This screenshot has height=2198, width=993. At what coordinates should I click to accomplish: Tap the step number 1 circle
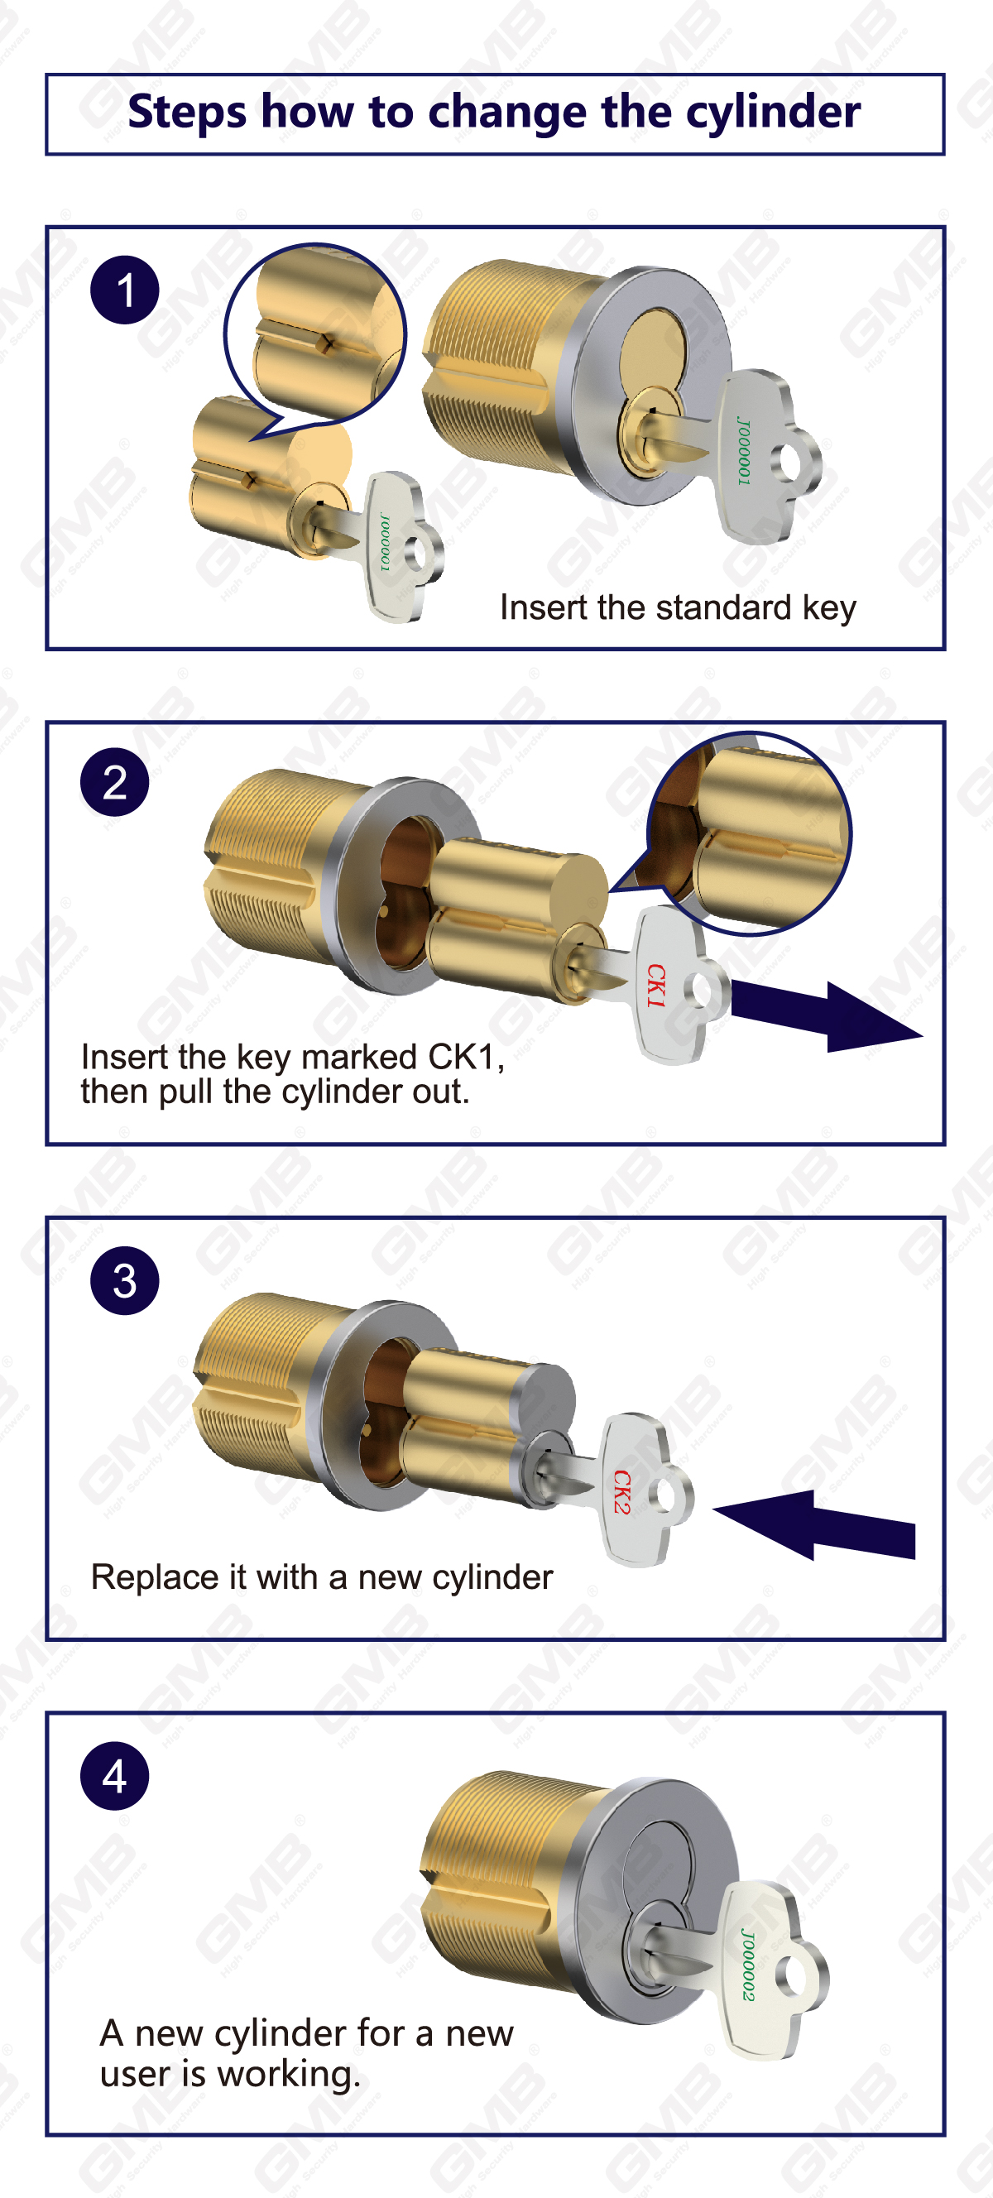click(x=125, y=290)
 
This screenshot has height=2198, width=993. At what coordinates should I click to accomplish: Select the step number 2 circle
click(x=114, y=782)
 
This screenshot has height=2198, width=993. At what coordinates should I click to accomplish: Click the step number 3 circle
click(x=125, y=1281)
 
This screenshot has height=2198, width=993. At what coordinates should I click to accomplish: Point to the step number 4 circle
click(x=114, y=1776)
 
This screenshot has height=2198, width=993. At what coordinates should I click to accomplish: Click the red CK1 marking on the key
click(x=655, y=986)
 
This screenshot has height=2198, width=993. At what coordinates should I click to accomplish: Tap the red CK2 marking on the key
click(x=623, y=1491)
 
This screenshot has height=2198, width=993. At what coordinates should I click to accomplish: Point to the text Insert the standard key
click(x=678, y=608)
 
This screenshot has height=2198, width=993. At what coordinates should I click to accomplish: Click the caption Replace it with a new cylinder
click(x=322, y=1577)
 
